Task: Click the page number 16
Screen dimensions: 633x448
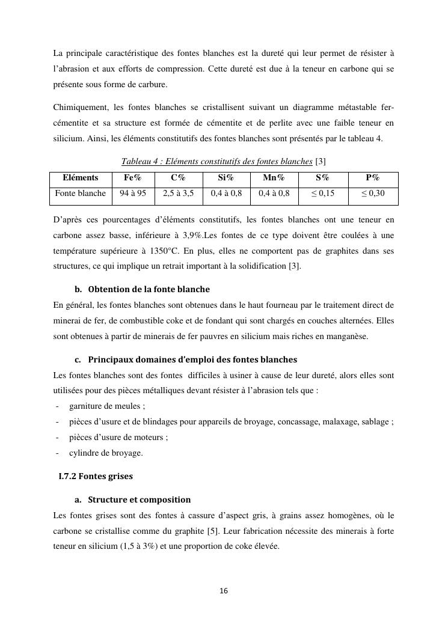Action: point(224,591)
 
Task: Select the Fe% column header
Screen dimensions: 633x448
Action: point(132,178)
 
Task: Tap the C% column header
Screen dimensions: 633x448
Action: point(178,178)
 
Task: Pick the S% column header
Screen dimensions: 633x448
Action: point(322,178)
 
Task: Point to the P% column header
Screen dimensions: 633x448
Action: point(372,178)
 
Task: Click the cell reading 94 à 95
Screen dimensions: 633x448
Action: point(132,194)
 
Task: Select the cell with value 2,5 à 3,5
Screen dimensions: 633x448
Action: point(178,194)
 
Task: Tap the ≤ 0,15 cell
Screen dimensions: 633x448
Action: point(322,194)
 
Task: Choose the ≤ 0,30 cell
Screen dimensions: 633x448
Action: point(372,194)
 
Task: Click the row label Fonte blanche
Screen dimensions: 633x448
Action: point(80,194)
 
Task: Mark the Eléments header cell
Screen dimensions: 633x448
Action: point(80,178)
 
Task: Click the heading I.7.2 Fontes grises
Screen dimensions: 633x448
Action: point(96,476)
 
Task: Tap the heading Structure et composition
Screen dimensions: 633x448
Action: point(139,500)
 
